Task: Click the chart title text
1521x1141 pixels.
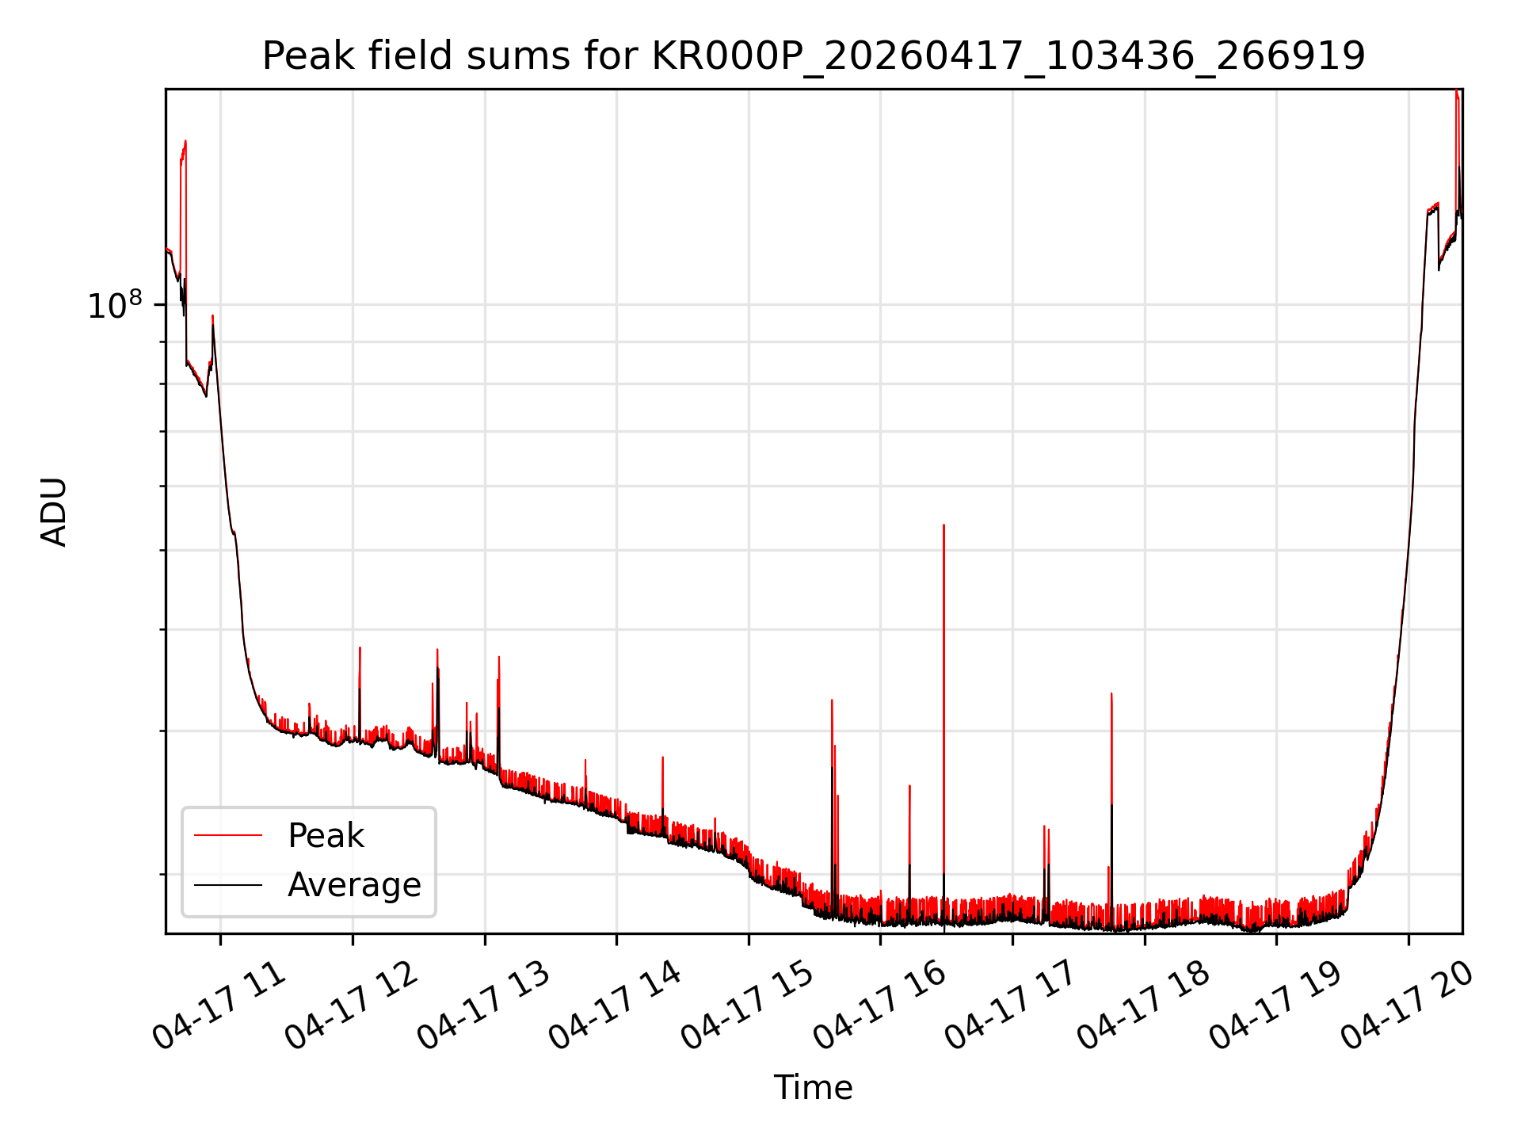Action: pos(814,56)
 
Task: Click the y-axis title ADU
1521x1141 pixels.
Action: pos(54,512)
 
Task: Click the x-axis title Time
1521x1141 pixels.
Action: pos(814,1088)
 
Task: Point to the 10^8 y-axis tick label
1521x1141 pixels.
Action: pos(115,305)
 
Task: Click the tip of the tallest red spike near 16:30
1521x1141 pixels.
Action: pos(943,525)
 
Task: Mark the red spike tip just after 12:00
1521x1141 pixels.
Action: pos(360,647)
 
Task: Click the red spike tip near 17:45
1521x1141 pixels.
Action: pos(1111,693)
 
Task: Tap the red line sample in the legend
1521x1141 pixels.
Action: pos(228,835)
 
